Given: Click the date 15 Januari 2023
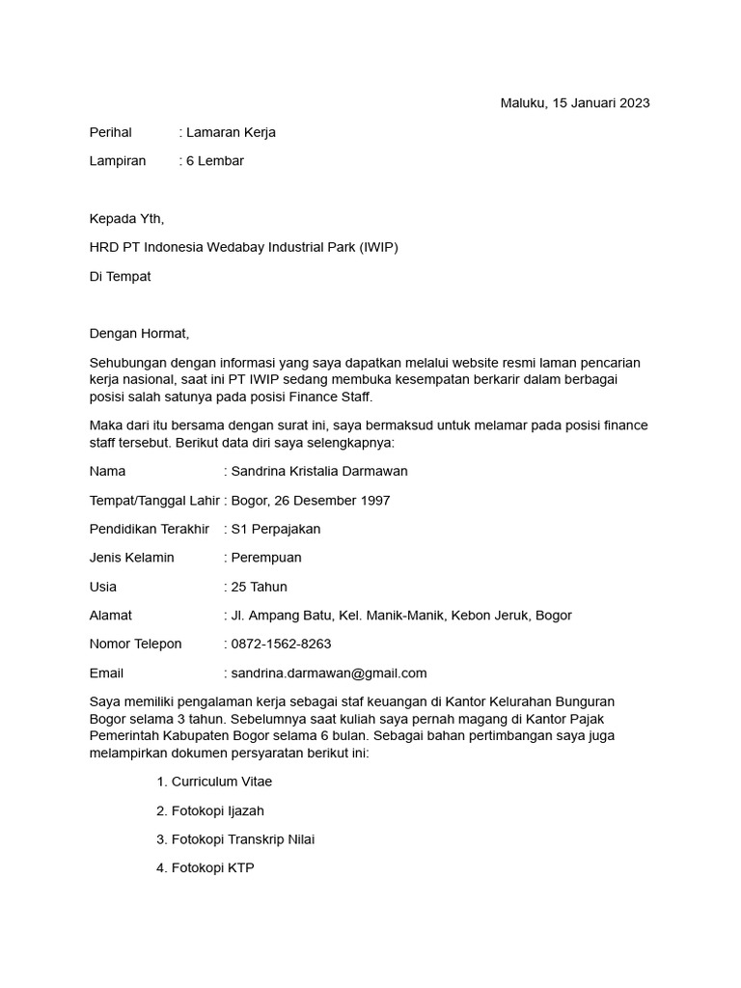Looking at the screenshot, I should pos(600,103).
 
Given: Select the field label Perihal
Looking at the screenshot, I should pos(110,132).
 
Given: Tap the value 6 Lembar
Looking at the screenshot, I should pos(215,161).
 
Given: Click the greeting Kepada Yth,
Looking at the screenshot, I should pos(120,219).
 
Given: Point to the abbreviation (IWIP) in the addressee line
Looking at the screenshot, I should pos(377,248).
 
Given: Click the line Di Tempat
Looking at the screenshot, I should pos(120,277).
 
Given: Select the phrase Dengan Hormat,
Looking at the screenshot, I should pos(140,335).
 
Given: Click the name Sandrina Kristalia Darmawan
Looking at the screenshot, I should pos(319,472).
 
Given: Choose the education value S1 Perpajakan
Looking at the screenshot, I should pos(276,530).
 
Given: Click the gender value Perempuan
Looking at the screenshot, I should pos(266,558).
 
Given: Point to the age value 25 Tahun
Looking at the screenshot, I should pos(260,587).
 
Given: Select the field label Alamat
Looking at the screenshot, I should pos(110,616).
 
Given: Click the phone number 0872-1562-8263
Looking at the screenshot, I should pos(281,645).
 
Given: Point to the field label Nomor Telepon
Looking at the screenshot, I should pos(135,645).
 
